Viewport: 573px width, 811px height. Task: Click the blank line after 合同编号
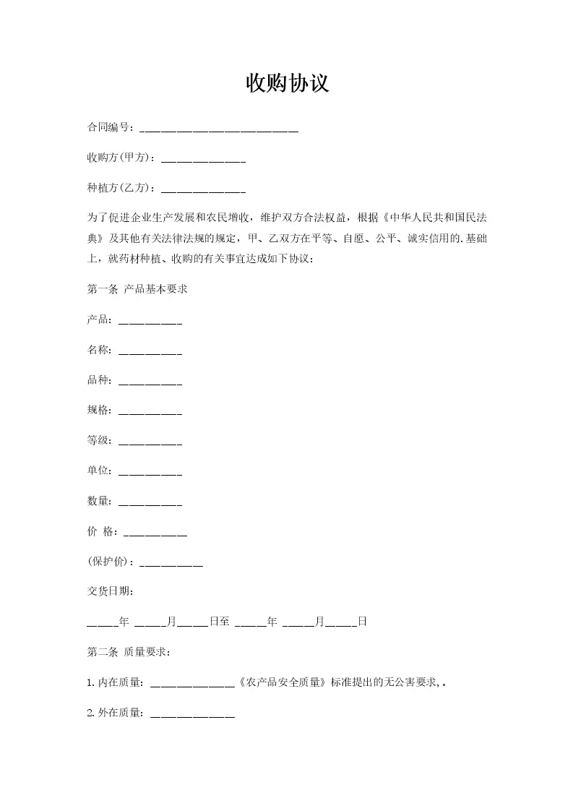(218, 129)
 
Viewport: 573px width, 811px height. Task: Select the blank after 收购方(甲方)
(203, 159)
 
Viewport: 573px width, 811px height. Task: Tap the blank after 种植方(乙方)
(203, 189)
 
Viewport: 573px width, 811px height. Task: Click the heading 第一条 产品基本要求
(137, 289)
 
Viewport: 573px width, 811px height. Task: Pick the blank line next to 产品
(150, 321)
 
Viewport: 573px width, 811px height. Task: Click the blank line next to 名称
(150, 351)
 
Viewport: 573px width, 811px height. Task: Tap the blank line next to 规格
(150, 411)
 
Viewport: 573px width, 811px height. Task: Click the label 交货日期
(110, 591)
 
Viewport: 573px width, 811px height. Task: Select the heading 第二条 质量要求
(129, 652)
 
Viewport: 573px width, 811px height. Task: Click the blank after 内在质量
(193, 682)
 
